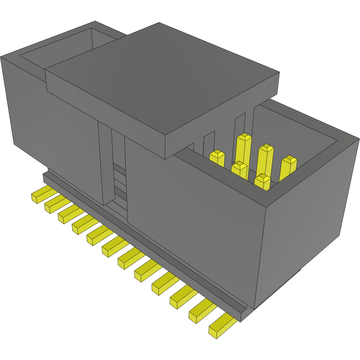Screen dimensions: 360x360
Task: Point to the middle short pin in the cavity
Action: coord(239,169)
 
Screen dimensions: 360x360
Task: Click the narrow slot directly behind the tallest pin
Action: coord(240,125)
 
